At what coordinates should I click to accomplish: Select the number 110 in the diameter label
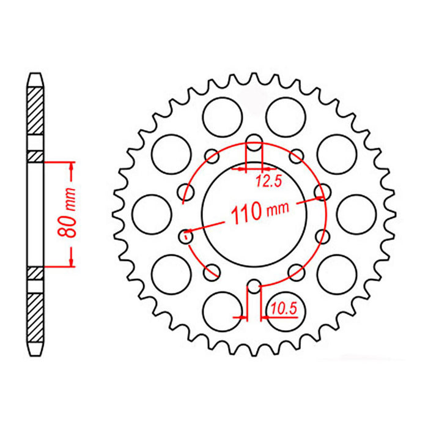point(246,214)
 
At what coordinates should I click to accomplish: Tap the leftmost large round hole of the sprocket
point(150,213)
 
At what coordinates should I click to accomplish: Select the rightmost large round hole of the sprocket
point(357,213)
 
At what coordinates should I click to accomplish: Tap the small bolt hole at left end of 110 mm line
point(187,234)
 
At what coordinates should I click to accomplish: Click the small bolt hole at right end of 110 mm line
point(320,194)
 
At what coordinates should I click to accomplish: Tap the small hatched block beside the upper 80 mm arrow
point(36,158)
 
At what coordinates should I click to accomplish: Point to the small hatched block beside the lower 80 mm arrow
point(36,271)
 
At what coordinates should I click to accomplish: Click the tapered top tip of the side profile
point(36,79)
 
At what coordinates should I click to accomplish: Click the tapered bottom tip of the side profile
point(36,350)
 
